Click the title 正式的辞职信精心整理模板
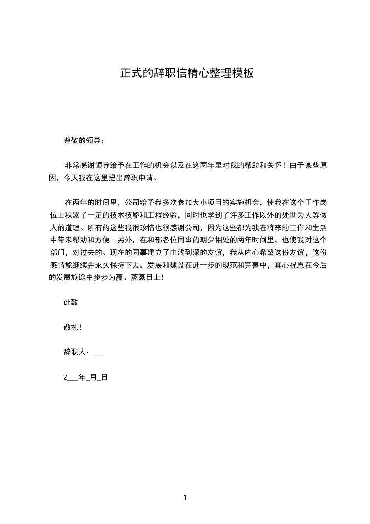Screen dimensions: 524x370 pyautogui.click(x=187, y=73)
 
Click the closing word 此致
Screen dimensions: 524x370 pyautogui.click(x=70, y=303)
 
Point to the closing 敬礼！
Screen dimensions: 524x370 pyautogui.click(x=73, y=327)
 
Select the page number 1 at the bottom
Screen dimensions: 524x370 pyautogui.click(x=185, y=498)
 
